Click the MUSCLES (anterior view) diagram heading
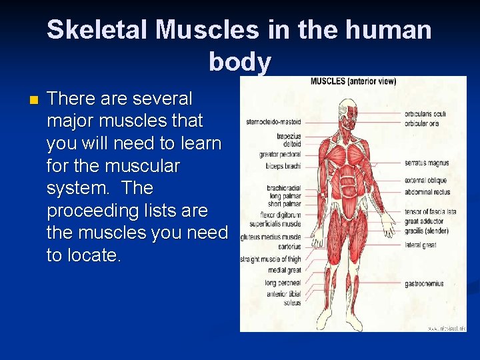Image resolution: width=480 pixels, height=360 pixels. tap(353, 81)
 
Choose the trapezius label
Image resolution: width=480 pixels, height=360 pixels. tap(289, 136)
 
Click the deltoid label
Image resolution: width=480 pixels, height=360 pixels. tap(292, 143)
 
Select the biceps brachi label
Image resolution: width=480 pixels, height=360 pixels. tap(284, 165)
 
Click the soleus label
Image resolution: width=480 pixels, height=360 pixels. tap(291, 303)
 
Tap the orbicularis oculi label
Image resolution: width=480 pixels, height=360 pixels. tap(425, 114)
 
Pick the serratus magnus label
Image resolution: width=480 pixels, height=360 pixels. tap(426, 163)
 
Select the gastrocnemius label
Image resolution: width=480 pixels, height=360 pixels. tap(424, 283)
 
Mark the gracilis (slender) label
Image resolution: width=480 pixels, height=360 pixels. tap(427, 231)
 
